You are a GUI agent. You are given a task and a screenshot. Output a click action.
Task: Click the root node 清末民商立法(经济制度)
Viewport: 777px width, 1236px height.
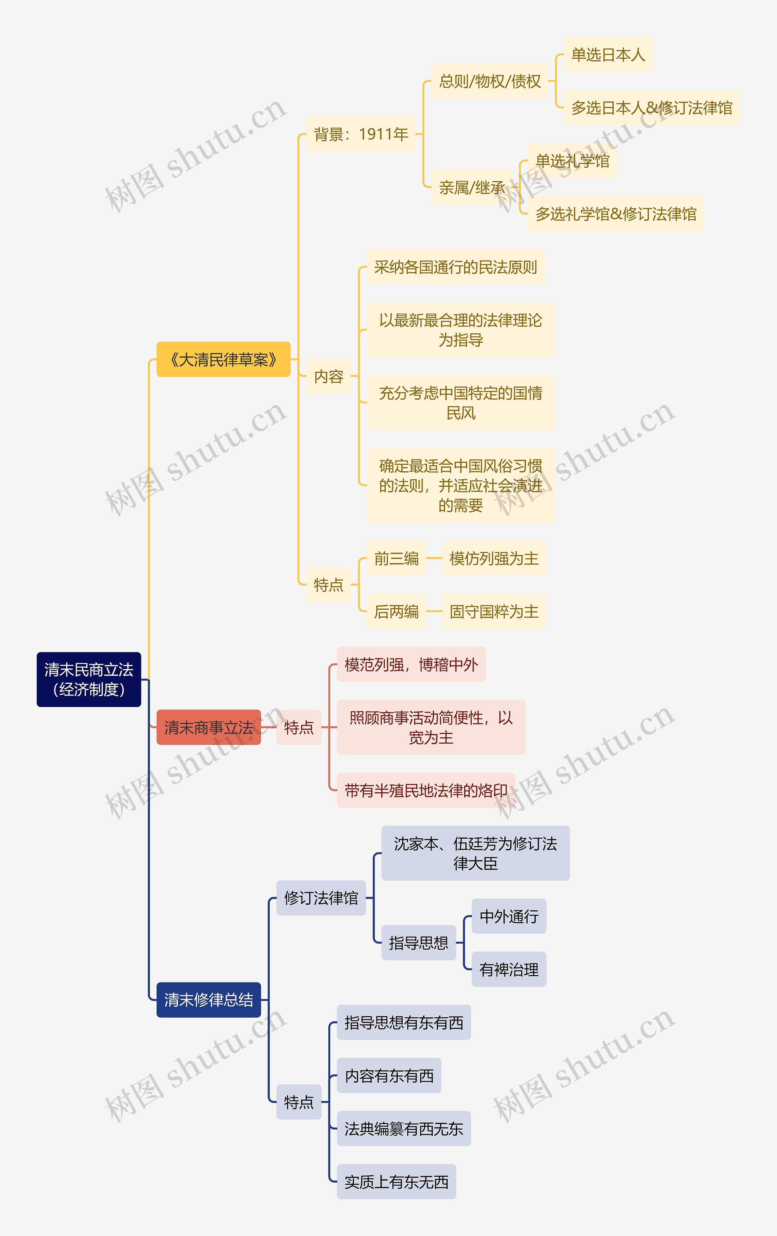[89, 679]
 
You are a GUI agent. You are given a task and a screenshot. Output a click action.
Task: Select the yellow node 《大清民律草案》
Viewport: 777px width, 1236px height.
[223, 359]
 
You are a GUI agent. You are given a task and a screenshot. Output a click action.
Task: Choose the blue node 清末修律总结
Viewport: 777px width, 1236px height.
[209, 999]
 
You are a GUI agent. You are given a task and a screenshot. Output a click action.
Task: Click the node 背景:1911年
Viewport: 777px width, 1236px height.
[361, 134]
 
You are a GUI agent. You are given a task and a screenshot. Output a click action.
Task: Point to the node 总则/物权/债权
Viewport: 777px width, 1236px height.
[489, 81]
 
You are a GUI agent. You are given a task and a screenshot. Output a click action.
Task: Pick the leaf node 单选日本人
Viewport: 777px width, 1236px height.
[608, 54]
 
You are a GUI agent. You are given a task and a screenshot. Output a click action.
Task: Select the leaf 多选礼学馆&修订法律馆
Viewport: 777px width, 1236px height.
[616, 214]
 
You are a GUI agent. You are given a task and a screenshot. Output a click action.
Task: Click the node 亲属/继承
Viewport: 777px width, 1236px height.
[471, 187]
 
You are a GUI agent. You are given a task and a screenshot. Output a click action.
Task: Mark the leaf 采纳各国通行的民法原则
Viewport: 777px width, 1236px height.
[456, 267]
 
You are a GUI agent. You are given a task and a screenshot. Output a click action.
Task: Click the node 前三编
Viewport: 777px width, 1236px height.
[396, 558]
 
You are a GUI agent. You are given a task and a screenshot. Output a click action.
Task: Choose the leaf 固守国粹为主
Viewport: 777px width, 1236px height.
[494, 611]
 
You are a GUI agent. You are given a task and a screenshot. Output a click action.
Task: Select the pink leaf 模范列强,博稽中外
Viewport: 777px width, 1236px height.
[411, 665]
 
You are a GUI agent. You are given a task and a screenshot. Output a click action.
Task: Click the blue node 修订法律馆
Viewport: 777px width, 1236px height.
[321, 898]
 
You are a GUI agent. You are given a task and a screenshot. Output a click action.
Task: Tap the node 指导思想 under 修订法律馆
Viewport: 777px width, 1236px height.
[419, 942]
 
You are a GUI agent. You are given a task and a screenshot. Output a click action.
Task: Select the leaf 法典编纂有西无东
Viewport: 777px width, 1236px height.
[404, 1129]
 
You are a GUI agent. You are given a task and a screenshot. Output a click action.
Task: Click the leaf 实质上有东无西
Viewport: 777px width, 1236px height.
[396, 1182]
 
